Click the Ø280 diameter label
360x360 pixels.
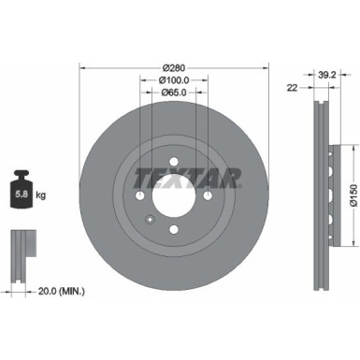(173, 67)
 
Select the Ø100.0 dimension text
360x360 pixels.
(173, 80)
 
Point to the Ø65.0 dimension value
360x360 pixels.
(173, 94)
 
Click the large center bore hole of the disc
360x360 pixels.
(174, 198)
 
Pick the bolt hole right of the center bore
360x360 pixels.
(206, 198)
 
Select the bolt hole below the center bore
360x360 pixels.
(174, 230)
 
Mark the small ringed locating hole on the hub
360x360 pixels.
(150, 219)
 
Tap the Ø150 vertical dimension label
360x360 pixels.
(350, 198)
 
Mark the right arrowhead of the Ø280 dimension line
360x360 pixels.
(266, 67)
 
